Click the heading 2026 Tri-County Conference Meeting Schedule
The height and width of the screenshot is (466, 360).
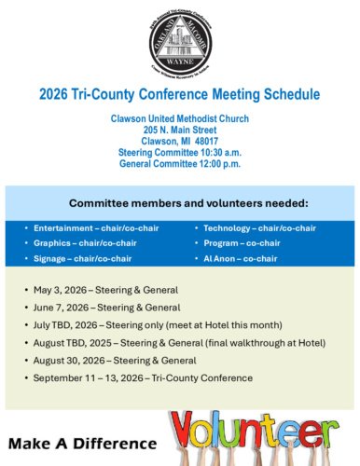pos(180,95)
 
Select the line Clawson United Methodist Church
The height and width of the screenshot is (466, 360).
pos(180,119)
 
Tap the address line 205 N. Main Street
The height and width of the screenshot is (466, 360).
pos(180,130)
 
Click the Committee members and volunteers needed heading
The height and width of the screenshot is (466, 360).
pos(180,202)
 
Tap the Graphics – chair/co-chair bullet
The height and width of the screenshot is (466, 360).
pos(79,242)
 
